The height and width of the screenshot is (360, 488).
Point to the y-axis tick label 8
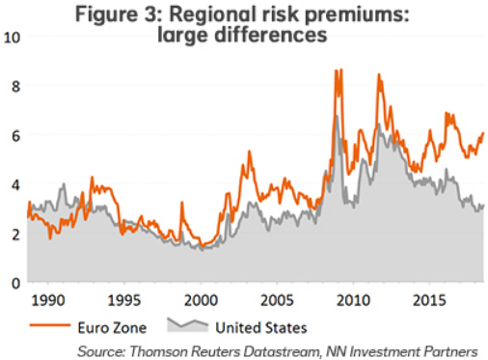pos(12,85)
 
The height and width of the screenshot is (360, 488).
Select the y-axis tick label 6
pos(12,135)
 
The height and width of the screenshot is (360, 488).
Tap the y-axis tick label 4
pos(12,184)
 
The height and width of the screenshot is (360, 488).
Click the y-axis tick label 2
pos(12,234)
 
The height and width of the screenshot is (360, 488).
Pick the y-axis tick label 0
pos(12,283)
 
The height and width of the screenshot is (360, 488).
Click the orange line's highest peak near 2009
pos(336,70)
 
